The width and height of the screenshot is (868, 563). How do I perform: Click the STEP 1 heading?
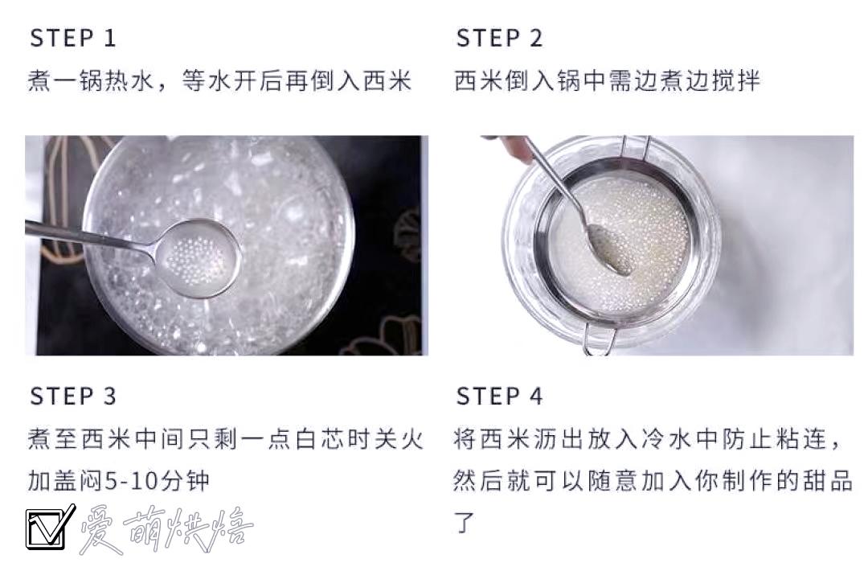(72, 39)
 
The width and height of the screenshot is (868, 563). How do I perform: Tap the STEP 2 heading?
(499, 39)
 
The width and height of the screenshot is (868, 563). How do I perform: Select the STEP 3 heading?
(72, 397)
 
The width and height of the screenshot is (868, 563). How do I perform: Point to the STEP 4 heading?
(499, 397)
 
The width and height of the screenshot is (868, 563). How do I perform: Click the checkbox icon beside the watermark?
(50, 527)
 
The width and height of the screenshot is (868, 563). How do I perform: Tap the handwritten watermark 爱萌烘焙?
(166, 529)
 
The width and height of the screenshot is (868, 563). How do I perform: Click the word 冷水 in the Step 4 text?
(666, 439)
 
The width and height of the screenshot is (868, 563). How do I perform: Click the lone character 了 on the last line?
(465, 521)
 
